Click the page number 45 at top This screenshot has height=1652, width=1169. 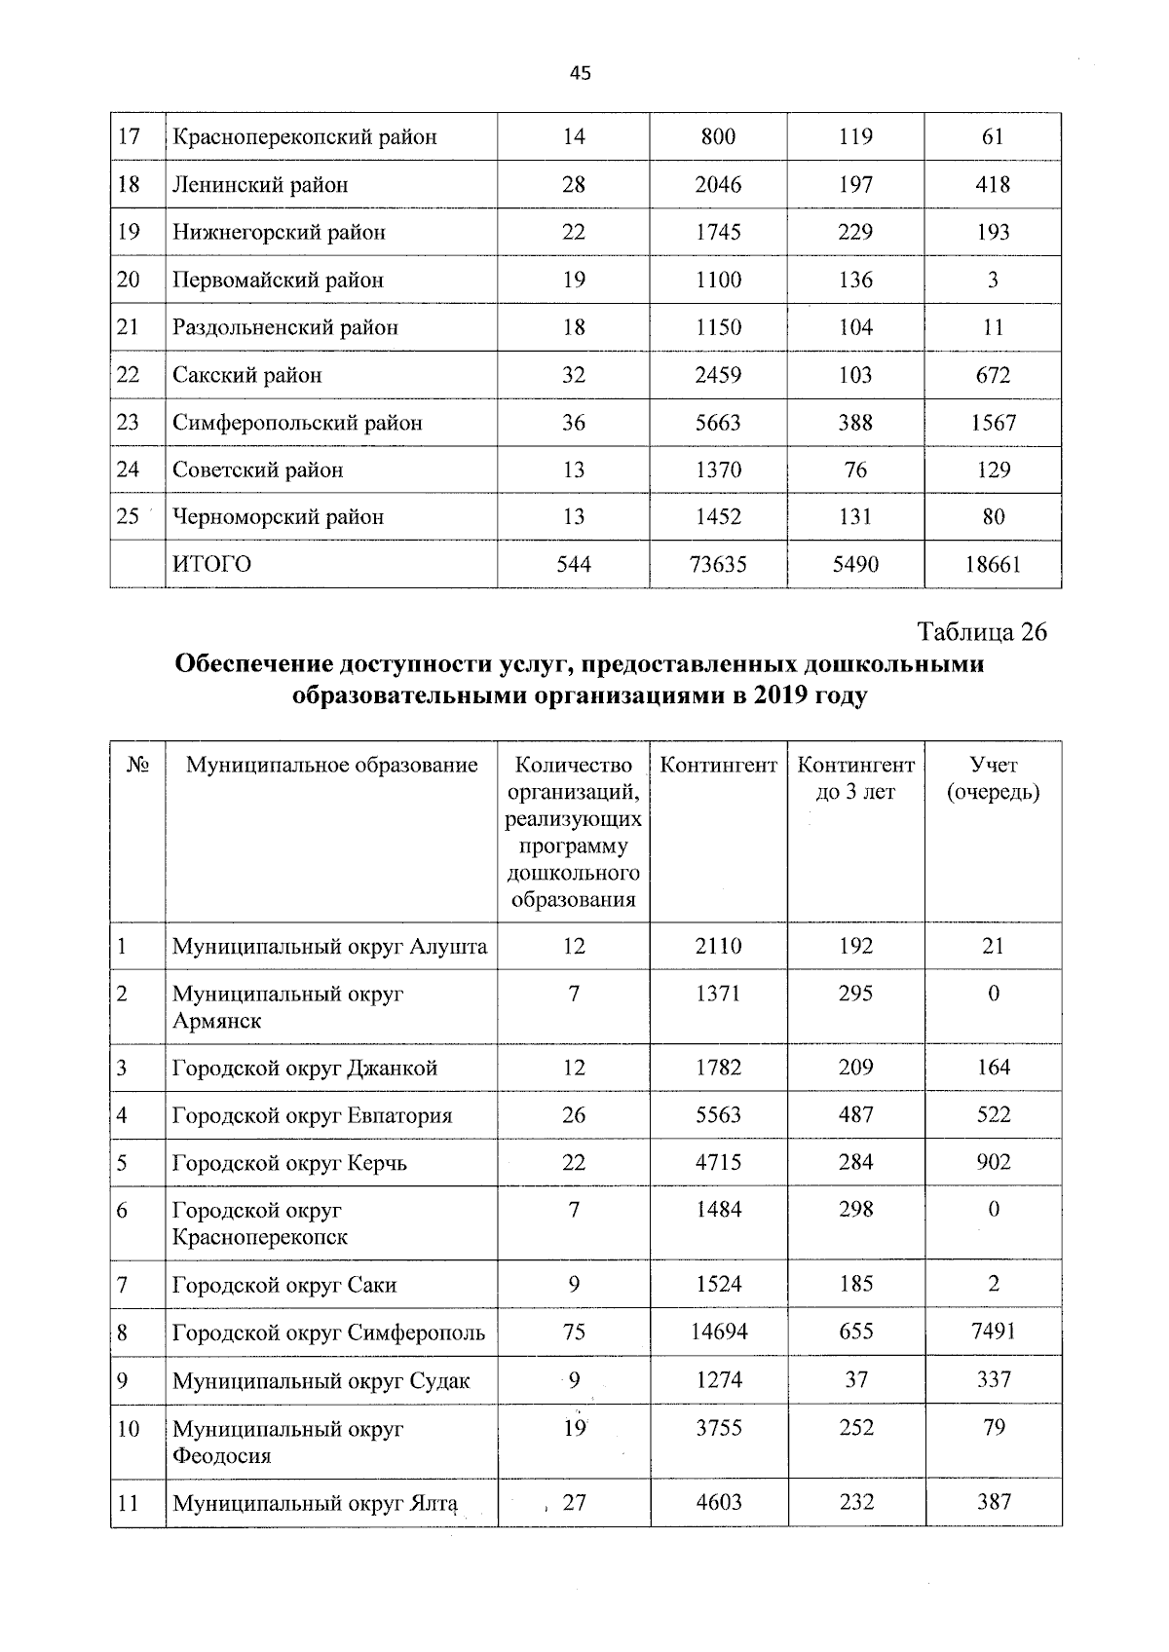point(581,74)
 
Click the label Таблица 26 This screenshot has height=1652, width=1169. point(982,632)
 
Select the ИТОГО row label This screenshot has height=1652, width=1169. point(211,564)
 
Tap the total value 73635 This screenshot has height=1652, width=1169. point(718,564)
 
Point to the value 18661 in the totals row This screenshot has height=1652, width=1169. point(992,564)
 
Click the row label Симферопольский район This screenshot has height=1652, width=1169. point(297,423)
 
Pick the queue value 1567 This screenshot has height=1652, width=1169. point(992,423)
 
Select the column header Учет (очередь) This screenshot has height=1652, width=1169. point(993,778)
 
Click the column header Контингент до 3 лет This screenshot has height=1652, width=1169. point(855,778)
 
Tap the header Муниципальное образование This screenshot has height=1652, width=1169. point(331,765)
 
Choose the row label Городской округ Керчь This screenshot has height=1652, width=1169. point(289,1163)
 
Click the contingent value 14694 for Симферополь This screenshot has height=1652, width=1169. point(718,1332)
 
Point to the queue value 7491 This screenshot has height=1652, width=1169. point(993,1332)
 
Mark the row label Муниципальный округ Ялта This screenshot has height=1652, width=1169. point(315,1503)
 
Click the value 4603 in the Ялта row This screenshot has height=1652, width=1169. point(718,1502)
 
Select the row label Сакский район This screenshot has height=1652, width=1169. point(246,375)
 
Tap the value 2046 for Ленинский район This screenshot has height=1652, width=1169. point(718,184)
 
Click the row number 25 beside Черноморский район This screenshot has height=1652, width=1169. point(128,516)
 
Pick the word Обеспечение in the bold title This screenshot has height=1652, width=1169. point(251,664)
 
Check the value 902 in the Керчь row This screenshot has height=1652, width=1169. point(993,1162)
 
